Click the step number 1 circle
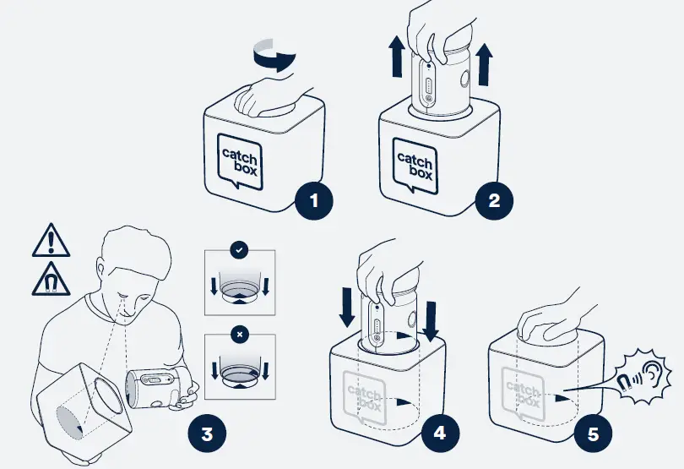point(314,202)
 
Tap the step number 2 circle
point(494,201)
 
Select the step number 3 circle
point(207,434)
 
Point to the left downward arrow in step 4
point(345,308)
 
